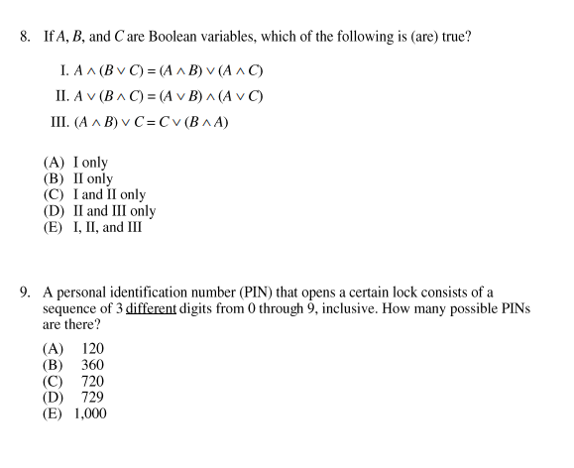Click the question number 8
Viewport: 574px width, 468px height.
click(x=25, y=38)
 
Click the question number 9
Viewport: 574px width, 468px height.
click(x=25, y=293)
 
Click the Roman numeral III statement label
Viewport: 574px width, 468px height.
click(x=59, y=123)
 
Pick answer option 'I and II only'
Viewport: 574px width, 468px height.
click(x=109, y=194)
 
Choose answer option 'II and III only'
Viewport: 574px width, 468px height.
click(x=114, y=210)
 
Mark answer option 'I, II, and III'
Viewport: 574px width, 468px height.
click(x=107, y=227)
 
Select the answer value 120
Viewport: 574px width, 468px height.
click(x=92, y=349)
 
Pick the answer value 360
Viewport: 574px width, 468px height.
click(x=92, y=365)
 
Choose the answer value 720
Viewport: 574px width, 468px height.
click(x=92, y=381)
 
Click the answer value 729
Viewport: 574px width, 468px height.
click(x=92, y=397)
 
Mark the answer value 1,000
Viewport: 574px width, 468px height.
click(x=90, y=413)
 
